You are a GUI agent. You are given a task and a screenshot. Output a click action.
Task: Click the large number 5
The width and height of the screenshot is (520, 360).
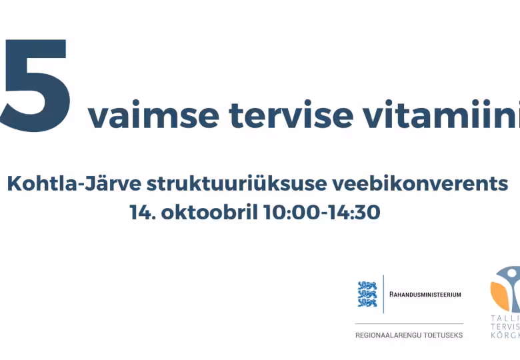[x=35, y=85]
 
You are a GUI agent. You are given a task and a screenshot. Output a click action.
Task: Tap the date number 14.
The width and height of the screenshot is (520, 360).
[x=141, y=212]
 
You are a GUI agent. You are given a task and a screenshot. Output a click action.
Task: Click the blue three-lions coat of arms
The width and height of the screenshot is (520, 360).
[x=367, y=293]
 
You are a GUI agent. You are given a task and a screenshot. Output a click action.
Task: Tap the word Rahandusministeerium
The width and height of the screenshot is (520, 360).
[x=425, y=294]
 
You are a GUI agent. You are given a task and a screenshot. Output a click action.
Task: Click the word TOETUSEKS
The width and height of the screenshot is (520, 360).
[x=443, y=335]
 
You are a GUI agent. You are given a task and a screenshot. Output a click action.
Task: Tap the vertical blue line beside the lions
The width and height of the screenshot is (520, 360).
[x=383, y=293]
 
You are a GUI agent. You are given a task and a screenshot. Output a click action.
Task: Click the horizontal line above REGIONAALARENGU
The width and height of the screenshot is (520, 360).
[x=409, y=323]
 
